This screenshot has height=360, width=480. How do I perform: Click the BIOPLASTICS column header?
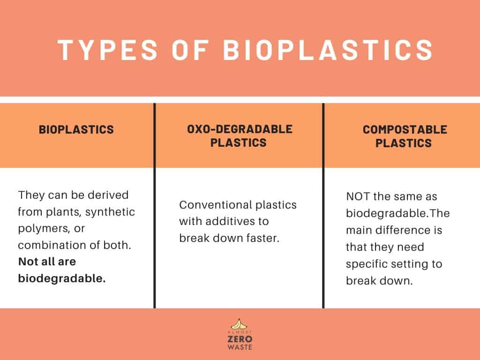click(x=76, y=129)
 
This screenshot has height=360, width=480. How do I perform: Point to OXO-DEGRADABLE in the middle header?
click(x=239, y=129)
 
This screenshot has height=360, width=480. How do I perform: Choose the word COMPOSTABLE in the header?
click(x=405, y=129)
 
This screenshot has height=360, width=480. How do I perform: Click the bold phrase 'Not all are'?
click(x=47, y=262)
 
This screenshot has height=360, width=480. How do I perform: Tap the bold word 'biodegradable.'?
click(x=62, y=278)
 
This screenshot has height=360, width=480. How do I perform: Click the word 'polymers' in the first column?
click(x=39, y=228)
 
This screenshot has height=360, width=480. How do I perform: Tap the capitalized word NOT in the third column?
click(x=359, y=196)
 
